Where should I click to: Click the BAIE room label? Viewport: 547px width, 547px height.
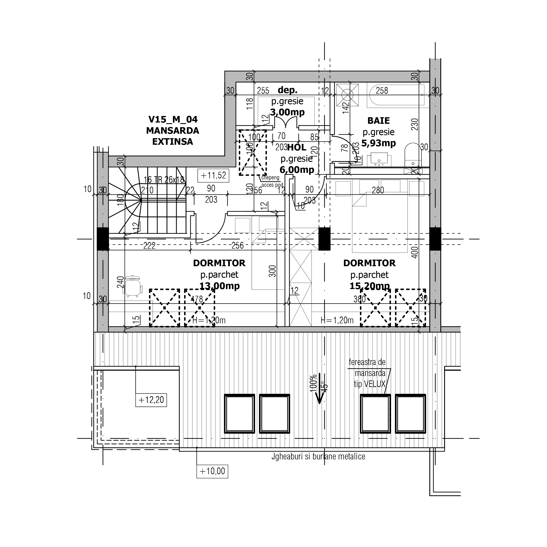click(x=378, y=121)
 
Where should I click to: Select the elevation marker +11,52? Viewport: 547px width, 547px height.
click(x=213, y=176)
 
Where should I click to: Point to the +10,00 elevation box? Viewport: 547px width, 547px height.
click(x=212, y=471)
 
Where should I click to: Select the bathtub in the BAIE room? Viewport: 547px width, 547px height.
click(x=395, y=95)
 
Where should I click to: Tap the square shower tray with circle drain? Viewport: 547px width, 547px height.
click(x=347, y=95)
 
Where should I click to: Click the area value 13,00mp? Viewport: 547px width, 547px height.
click(x=219, y=286)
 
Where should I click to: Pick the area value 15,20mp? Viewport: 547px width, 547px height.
click(x=369, y=286)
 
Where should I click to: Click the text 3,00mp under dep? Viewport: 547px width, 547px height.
click(x=287, y=112)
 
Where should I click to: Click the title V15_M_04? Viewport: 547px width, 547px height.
click(x=173, y=120)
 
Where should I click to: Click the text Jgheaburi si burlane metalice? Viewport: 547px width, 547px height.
click(x=318, y=456)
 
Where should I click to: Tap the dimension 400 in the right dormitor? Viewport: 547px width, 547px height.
click(x=415, y=252)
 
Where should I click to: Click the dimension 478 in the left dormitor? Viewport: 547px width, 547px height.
click(x=197, y=299)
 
